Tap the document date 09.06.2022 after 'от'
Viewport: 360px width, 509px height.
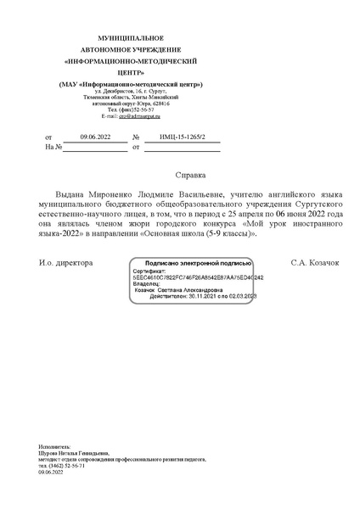[95, 137]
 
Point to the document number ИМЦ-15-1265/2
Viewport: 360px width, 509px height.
[180, 137]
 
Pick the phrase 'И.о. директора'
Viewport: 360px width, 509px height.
[66, 263]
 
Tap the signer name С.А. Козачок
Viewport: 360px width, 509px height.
[314, 263]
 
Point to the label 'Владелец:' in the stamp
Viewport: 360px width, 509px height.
[147, 283]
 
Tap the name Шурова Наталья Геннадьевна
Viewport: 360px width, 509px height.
[73, 453]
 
